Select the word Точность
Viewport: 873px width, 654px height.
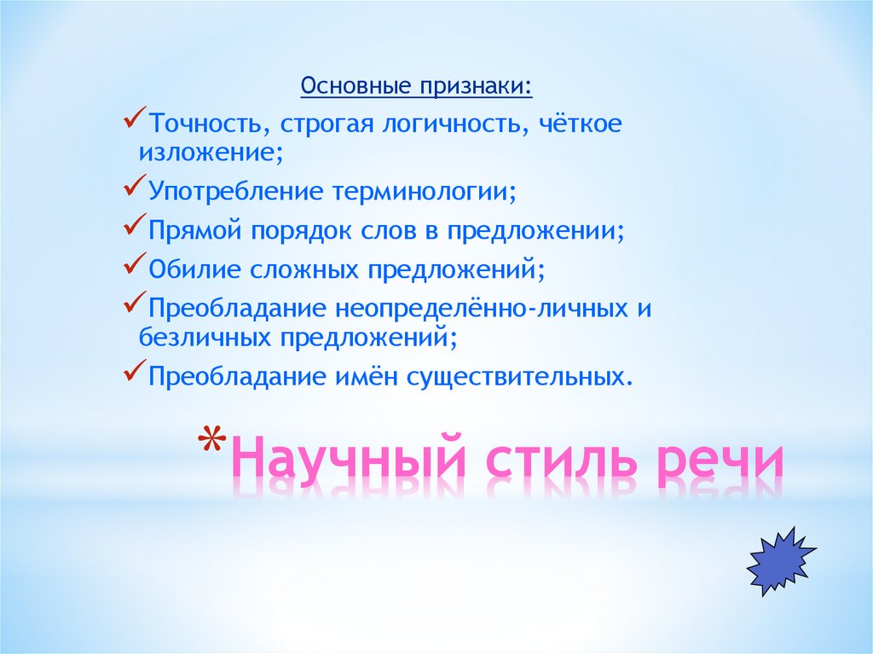click(x=205, y=124)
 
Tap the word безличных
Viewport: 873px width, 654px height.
click(x=202, y=337)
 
